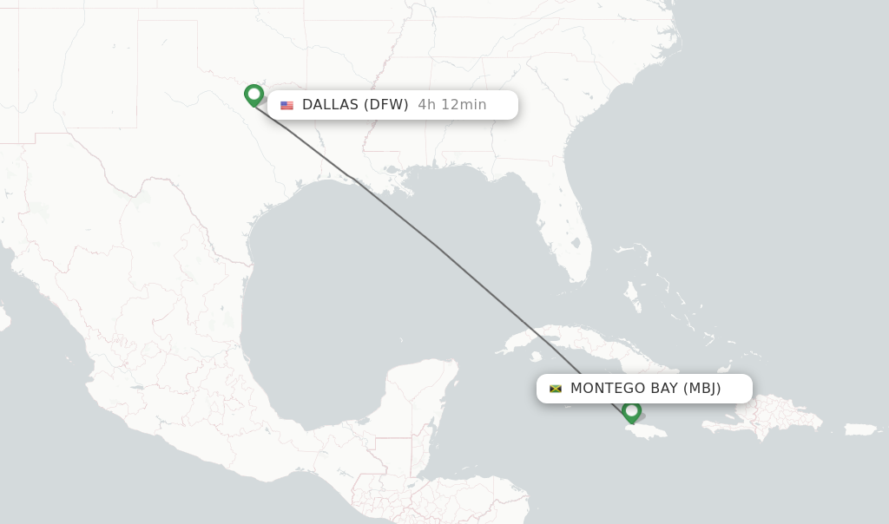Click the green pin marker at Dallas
point(254,94)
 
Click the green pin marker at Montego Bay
point(631,410)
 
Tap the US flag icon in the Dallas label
point(286,106)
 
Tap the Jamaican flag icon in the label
point(556,389)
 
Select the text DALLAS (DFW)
point(355,105)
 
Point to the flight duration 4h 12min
point(451,105)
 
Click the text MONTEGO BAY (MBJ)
point(645,389)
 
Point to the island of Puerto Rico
point(861,429)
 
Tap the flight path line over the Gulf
point(434,246)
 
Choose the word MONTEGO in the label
point(604,389)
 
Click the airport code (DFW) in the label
point(385,105)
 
